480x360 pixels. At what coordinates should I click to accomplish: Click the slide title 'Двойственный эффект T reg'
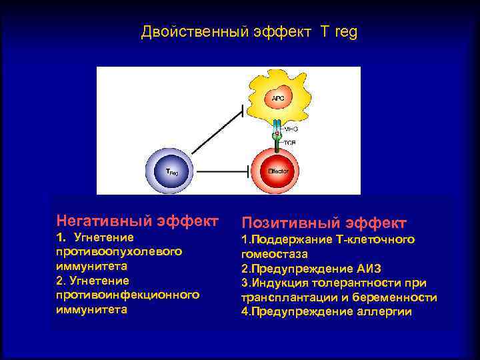coord(249,32)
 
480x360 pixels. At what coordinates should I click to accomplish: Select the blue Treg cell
coord(171,171)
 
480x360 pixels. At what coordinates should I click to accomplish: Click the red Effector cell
coord(278,171)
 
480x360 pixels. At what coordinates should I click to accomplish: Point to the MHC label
coord(291,128)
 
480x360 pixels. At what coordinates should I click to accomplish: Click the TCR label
coord(291,143)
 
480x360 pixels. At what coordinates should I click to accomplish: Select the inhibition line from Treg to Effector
coord(223,171)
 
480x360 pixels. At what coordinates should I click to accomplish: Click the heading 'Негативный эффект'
coord(137,220)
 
